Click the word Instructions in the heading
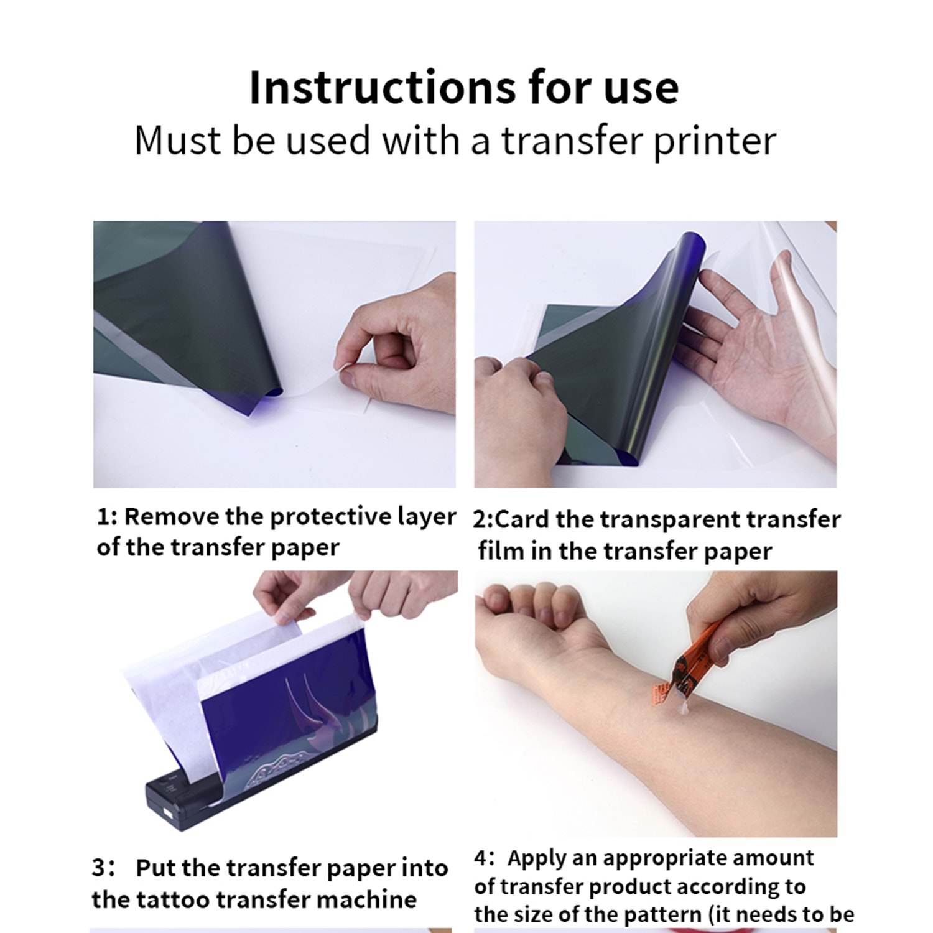click(382, 87)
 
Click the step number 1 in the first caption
click(104, 517)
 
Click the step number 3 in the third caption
click(99, 868)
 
